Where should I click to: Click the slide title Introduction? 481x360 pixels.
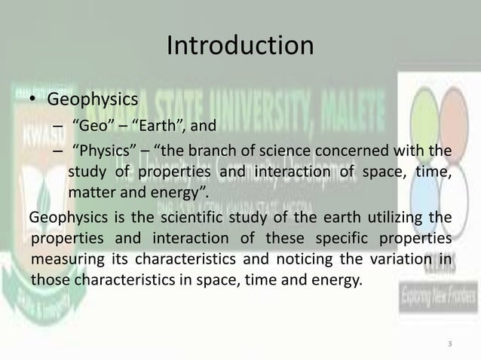pos(240,47)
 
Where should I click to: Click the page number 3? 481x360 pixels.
pos(450,345)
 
